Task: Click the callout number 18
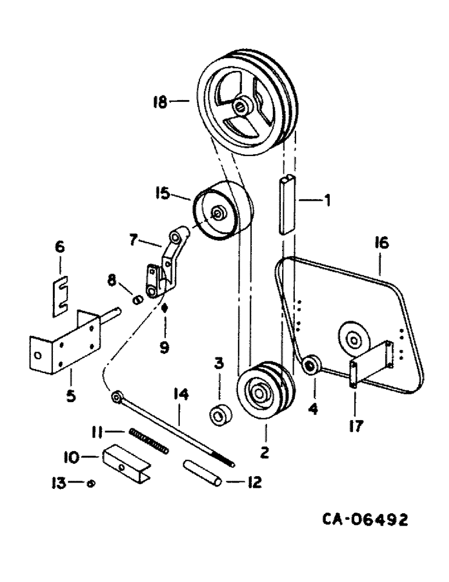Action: (x=160, y=102)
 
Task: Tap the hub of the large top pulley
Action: (x=240, y=107)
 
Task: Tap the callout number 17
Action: (x=355, y=427)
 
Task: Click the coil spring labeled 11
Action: (x=150, y=441)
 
